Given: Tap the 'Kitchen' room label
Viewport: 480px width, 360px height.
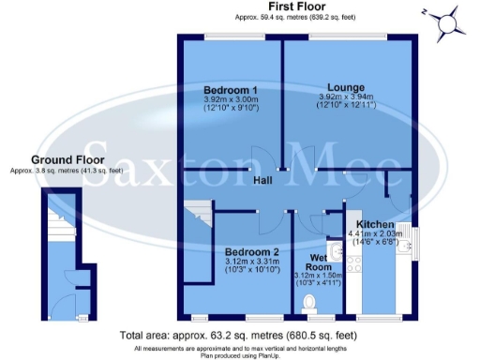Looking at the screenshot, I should tap(376, 223).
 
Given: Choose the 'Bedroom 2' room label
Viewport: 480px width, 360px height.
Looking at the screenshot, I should tap(250, 252).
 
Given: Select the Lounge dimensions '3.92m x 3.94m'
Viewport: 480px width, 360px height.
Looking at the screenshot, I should tap(346, 96).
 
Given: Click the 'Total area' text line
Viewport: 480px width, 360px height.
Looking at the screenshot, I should tap(239, 334).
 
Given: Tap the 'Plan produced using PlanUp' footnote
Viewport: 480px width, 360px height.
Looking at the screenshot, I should tap(240, 354).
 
